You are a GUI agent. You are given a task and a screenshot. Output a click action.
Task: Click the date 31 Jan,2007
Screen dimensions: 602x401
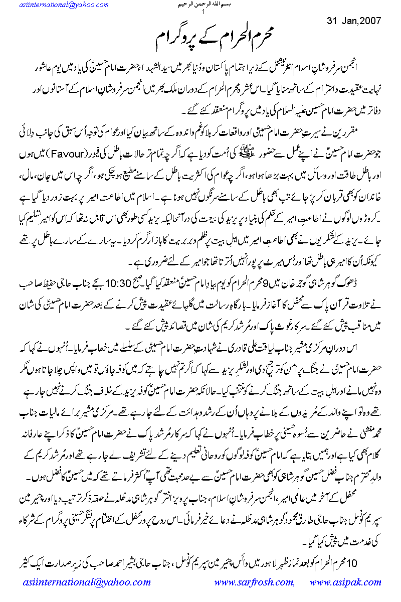(x=354, y=22)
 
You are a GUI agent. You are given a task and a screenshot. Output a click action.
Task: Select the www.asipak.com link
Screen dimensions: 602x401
(x=345, y=582)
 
